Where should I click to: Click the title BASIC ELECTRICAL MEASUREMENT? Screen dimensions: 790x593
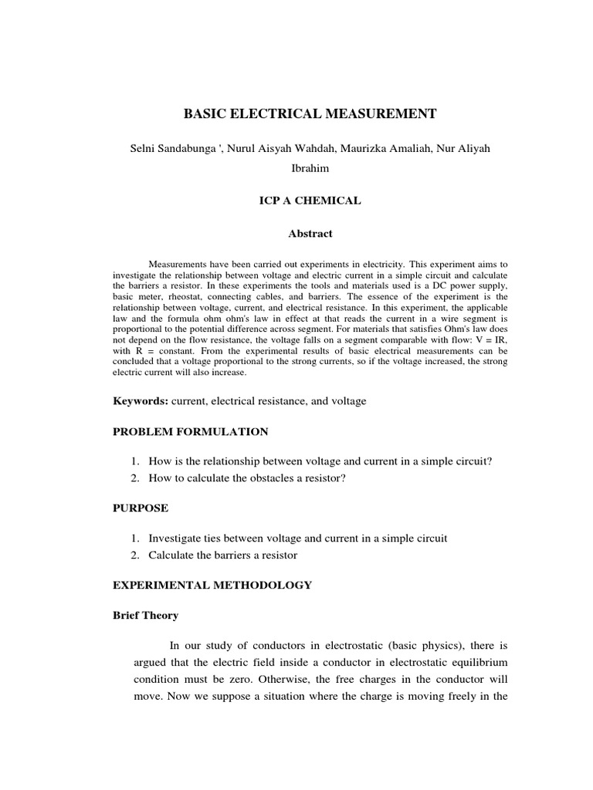click(310, 114)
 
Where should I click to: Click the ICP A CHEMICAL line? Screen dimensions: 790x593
click(309, 201)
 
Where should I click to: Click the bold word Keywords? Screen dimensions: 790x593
click(140, 401)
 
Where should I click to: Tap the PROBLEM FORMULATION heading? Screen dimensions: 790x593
click(190, 431)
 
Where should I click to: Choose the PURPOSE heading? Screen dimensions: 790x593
click(140, 508)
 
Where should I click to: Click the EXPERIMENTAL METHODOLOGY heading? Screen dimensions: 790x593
click(212, 585)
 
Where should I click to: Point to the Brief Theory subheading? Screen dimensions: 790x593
click(146, 615)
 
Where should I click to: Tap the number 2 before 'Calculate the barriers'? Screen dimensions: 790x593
click(134, 555)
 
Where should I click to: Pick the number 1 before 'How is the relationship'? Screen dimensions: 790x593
click(134, 461)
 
